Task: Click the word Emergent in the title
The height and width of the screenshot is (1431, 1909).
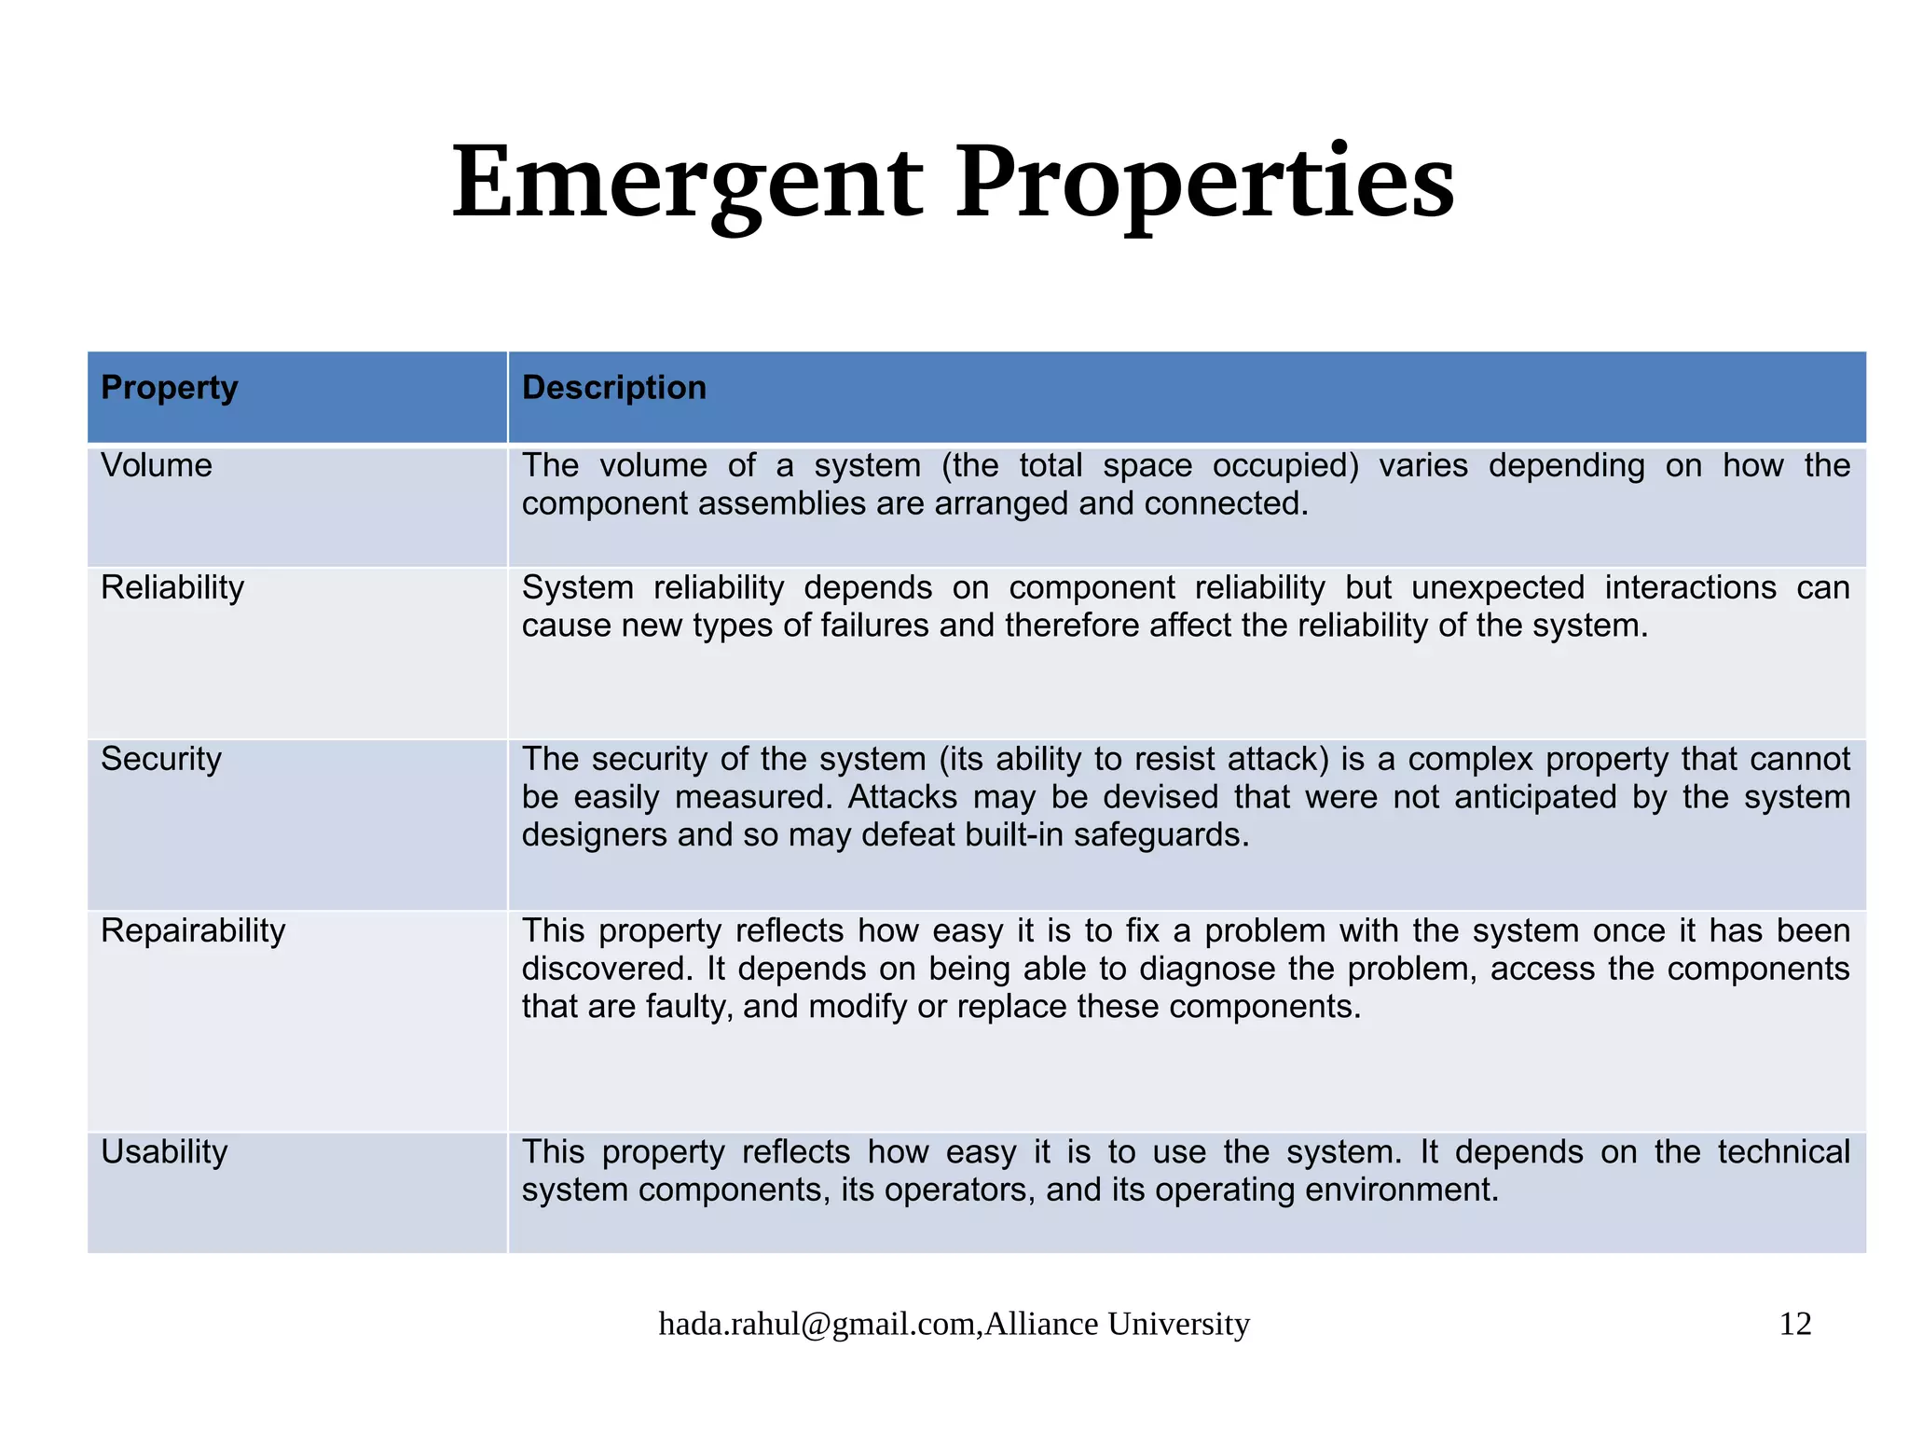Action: pyautogui.click(x=687, y=183)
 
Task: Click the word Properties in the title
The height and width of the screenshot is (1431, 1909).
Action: pyautogui.click(x=1203, y=183)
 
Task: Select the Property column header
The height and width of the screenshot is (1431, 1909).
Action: pyautogui.click(x=169, y=387)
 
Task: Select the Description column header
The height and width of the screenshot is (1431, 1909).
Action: pyautogui.click(x=613, y=387)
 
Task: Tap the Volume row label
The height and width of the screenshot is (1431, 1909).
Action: pyautogui.click(x=156, y=465)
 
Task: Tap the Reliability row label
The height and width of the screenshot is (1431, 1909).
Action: pyautogui.click(x=172, y=587)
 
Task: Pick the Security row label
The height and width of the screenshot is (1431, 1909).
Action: pyautogui.click(x=160, y=759)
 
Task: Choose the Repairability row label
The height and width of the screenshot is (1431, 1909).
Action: pyautogui.click(x=192, y=930)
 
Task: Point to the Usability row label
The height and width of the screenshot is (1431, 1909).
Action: pyautogui.click(x=163, y=1152)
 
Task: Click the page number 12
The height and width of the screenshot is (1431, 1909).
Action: pyautogui.click(x=1794, y=1324)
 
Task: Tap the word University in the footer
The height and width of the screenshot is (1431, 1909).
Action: pyautogui.click(x=1177, y=1324)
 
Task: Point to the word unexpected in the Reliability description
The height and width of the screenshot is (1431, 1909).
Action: pyautogui.click(x=1497, y=587)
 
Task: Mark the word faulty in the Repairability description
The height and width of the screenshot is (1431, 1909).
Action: pyautogui.click(x=683, y=1007)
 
